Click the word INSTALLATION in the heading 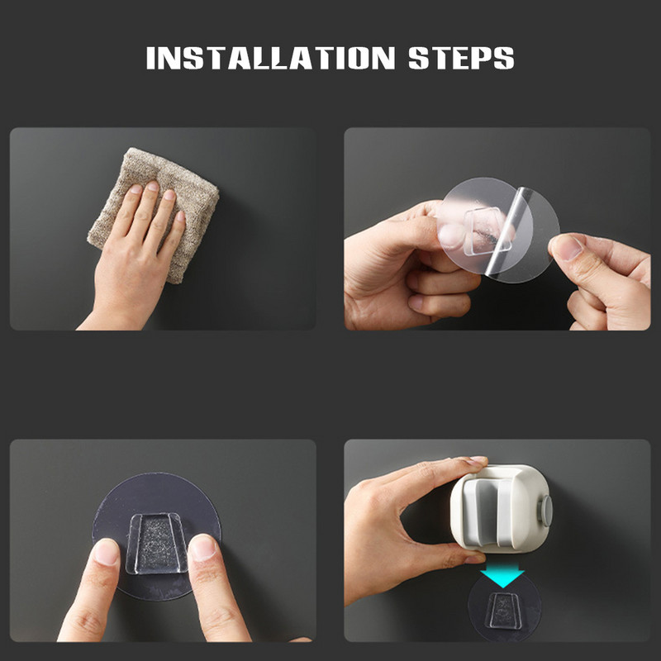(271, 58)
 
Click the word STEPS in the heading (462, 58)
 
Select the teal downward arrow (502, 577)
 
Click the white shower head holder (501, 508)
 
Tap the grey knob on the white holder (546, 511)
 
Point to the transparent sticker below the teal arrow (505, 607)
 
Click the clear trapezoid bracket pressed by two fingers (157, 544)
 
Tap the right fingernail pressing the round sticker (203, 548)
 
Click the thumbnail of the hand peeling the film (567, 248)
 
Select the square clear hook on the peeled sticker (487, 231)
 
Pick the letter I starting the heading (150, 58)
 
